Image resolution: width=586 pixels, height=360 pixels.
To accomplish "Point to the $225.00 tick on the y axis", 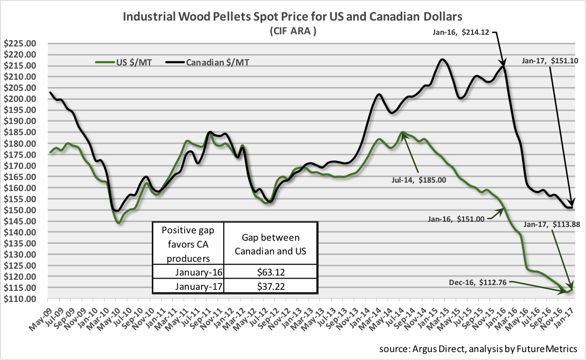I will coord(19,43).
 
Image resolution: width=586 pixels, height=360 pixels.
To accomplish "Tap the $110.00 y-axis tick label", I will coord(19,299).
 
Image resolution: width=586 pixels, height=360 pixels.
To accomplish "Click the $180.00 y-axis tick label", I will coord(19,144).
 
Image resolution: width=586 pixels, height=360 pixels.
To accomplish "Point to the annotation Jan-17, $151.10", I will coord(550,61).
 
